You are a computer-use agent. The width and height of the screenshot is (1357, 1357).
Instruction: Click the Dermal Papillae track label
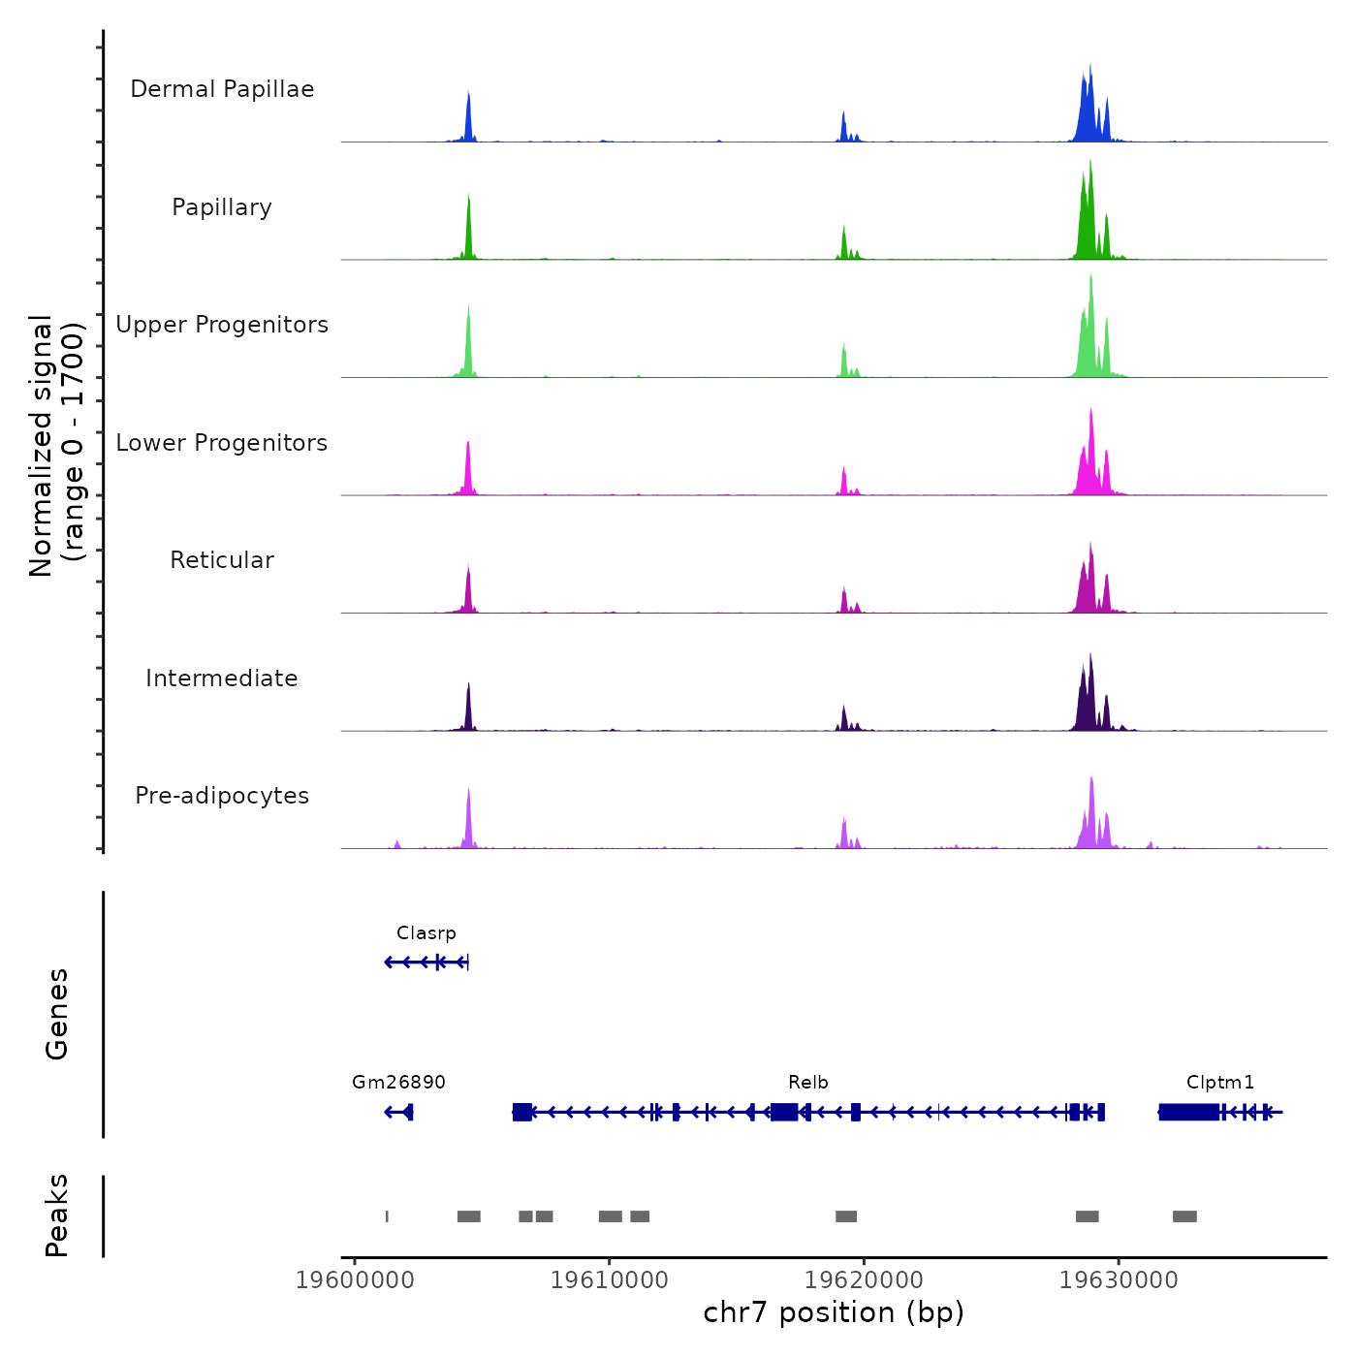[x=222, y=89]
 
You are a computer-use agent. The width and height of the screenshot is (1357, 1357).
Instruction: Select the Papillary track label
[x=222, y=207]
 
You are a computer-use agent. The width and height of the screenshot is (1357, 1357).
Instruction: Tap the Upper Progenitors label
[x=222, y=325]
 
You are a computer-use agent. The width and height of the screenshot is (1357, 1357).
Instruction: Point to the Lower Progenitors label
[x=222, y=443]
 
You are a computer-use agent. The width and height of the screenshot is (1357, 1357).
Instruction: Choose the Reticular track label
[x=222, y=560]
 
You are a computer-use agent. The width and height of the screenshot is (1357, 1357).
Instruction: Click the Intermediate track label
[x=222, y=678]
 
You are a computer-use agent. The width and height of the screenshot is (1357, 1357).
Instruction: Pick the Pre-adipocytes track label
[x=222, y=796]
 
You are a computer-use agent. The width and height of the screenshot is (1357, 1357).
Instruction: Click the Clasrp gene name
[x=426, y=933]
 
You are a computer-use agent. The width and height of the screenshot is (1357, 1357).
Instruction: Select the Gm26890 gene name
[x=398, y=1083]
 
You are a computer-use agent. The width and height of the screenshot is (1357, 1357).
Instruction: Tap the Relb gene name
[x=808, y=1083]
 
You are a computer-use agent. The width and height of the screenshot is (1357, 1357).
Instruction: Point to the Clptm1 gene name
[x=1220, y=1083]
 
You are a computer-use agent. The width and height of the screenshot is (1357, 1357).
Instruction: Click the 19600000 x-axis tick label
[x=355, y=1280]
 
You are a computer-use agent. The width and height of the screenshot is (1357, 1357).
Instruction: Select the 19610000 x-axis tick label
[x=610, y=1280]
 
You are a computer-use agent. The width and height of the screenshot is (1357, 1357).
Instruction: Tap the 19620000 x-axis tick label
[x=864, y=1280]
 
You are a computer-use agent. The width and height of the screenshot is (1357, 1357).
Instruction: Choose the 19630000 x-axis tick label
[x=1119, y=1280]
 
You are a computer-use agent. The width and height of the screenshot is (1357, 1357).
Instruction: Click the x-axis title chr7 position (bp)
[x=834, y=1312]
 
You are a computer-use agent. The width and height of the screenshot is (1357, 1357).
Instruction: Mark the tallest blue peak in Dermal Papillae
[x=1090, y=68]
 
